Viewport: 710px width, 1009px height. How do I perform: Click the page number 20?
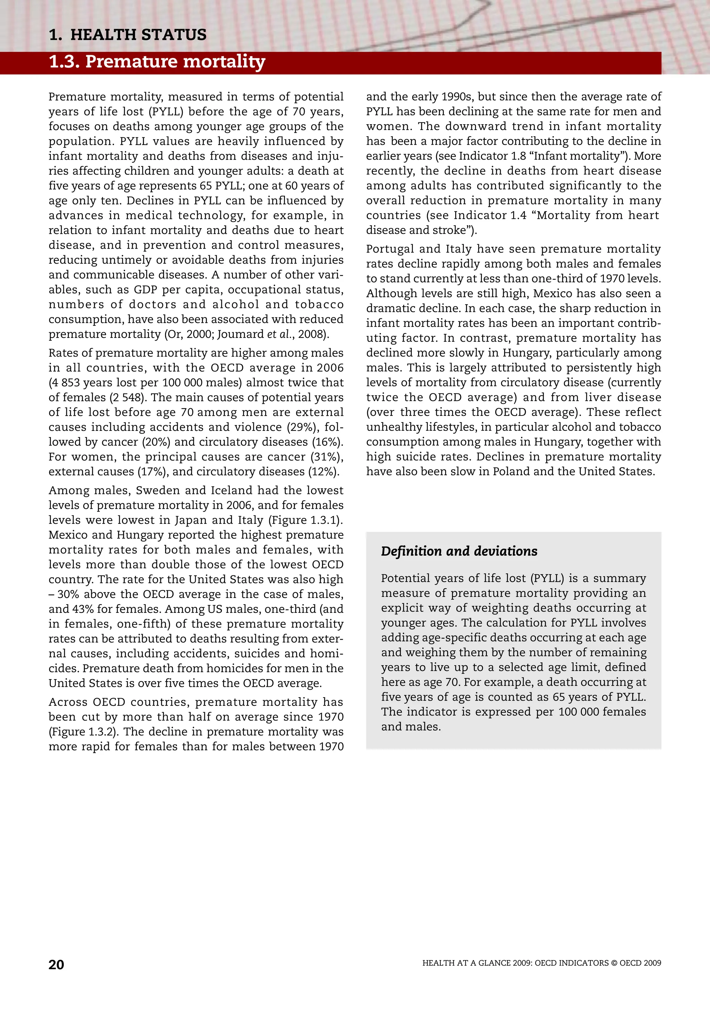pos(56,965)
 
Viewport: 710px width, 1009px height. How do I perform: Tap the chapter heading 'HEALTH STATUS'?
pos(138,35)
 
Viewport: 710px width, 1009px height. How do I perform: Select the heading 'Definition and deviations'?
pos(459,551)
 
